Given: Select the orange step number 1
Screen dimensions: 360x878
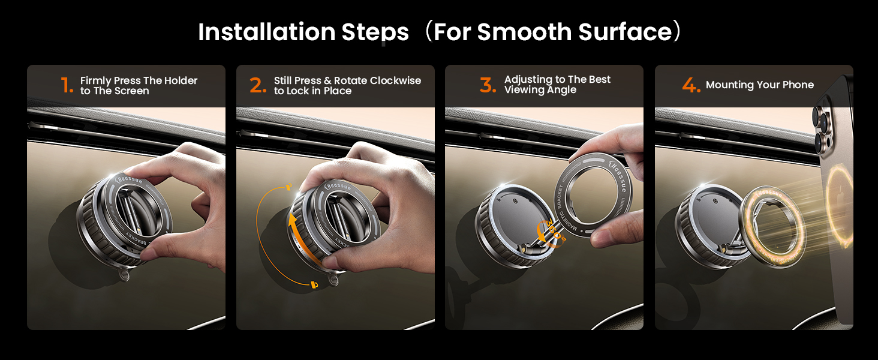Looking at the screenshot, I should click(x=66, y=86).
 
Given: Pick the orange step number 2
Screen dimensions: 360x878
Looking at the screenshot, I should click(x=258, y=86).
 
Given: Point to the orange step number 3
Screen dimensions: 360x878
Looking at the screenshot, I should click(x=488, y=85).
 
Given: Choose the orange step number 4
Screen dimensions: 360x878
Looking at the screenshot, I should click(x=691, y=85).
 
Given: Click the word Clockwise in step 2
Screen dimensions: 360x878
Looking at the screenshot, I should click(x=395, y=80).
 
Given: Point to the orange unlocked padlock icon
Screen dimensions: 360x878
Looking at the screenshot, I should click(x=289, y=186).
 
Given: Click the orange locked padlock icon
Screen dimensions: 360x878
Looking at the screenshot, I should click(x=314, y=284).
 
